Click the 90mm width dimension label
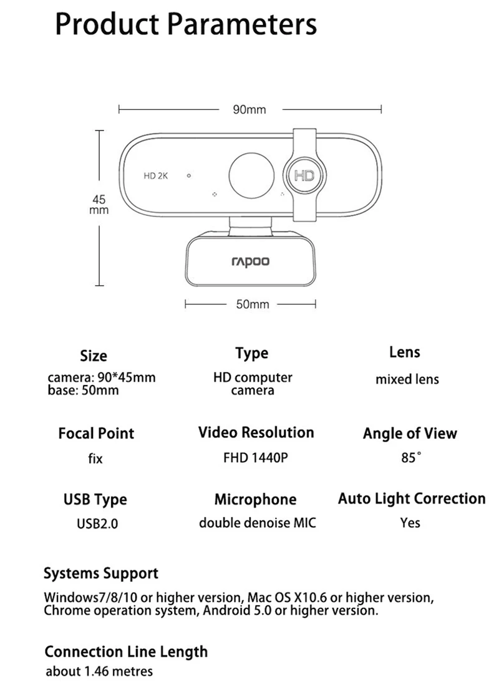pos(249,110)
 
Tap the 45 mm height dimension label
pos(99,205)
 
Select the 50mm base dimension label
pos(252,305)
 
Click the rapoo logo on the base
pos(251,261)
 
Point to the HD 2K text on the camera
pos(156,176)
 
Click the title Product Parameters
pos(186,24)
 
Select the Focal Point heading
pos(96,433)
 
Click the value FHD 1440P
pos(256,458)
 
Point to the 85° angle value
pos(411,458)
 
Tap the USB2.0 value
pos(97,524)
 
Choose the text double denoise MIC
pos(257,523)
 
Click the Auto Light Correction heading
pos(412,499)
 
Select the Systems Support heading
pos(101,573)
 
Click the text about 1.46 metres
pos(99,672)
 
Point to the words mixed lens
pos(407,379)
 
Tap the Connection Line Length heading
pos(126,652)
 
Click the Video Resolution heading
pos(256,432)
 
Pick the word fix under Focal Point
pos(95,459)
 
